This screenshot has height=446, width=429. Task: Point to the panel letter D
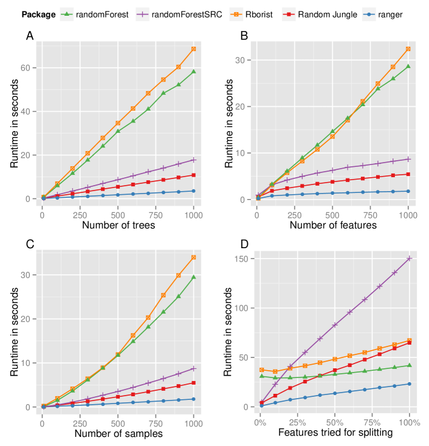[244, 245]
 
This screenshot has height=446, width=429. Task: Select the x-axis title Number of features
[333, 226]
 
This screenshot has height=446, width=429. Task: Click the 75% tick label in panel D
[372, 421]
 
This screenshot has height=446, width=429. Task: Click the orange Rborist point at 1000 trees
[194, 49]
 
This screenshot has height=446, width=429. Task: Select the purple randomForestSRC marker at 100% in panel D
[410, 258]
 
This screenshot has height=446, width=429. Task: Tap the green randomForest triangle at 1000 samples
[194, 277]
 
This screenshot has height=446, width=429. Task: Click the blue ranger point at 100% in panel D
[410, 383]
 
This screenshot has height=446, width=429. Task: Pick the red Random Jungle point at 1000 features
[408, 174]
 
